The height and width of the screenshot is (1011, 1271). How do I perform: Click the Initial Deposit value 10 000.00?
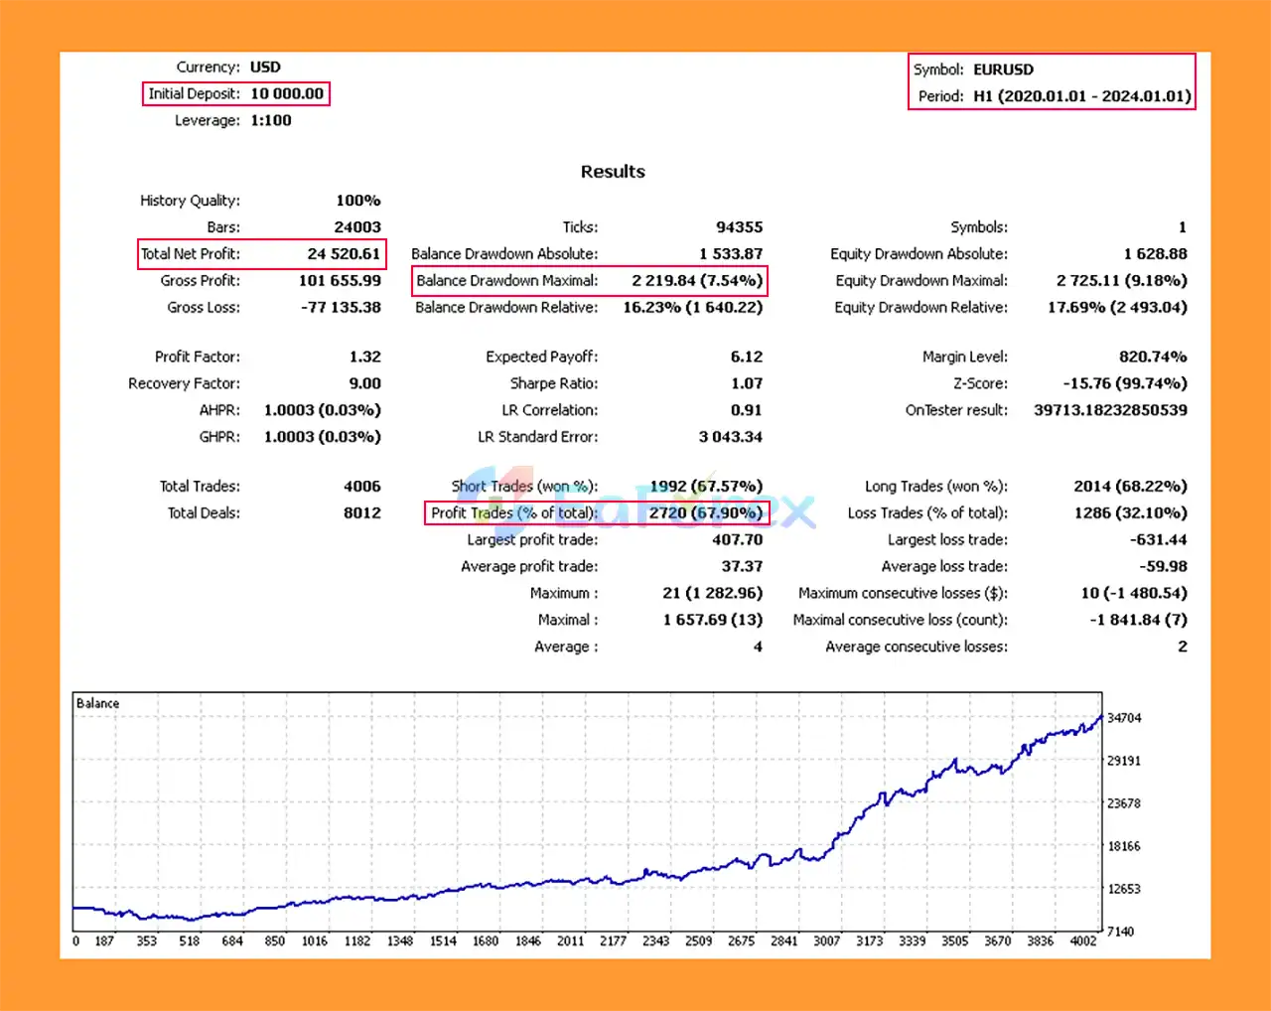(287, 93)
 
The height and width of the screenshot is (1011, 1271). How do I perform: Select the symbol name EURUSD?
(1003, 70)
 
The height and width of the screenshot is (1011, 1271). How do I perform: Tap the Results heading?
(613, 172)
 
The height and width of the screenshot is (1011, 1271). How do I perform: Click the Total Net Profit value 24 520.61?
(344, 254)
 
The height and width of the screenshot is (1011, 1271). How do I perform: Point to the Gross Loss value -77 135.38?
(341, 308)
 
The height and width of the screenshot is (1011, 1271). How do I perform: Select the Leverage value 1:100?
(271, 120)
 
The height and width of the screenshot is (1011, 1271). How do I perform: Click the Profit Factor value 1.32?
(364, 357)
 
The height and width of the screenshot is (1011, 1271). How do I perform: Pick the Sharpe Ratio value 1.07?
(747, 383)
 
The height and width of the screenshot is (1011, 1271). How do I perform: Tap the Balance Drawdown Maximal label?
(506, 281)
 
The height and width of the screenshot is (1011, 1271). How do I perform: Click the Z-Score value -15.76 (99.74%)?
(1124, 383)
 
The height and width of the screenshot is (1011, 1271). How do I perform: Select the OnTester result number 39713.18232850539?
(1110, 410)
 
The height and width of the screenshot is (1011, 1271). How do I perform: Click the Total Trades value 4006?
(361, 487)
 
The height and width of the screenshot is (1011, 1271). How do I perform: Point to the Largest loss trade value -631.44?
(1158, 540)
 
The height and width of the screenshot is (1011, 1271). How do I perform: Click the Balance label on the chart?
(97, 703)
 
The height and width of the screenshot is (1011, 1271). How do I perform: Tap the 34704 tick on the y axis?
(1124, 718)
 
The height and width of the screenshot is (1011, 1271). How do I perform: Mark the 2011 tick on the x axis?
(570, 940)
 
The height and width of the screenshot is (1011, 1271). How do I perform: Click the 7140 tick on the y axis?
(1120, 932)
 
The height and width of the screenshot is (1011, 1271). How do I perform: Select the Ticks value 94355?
(739, 227)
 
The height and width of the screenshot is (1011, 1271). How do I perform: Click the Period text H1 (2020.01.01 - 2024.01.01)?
(1081, 96)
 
